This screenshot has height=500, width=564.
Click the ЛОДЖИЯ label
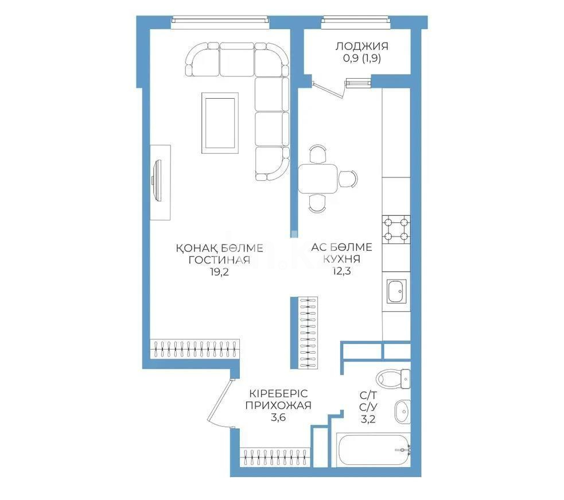[361, 46]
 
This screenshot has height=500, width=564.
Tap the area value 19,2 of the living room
[219, 272]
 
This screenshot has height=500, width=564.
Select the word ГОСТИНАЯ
[219, 260]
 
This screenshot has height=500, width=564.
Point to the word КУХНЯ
[341, 259]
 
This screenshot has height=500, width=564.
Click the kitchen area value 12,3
[341, 272]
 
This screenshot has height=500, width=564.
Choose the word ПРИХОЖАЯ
[278, 405]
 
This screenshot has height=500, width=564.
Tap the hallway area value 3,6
[278, 418]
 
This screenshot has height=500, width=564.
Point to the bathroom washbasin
[402, 411]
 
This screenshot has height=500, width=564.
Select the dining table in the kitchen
[318, 179]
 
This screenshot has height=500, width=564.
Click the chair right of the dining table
[348, 179]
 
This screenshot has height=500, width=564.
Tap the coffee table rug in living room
[219, 122]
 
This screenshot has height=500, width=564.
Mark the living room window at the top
[220, 21]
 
